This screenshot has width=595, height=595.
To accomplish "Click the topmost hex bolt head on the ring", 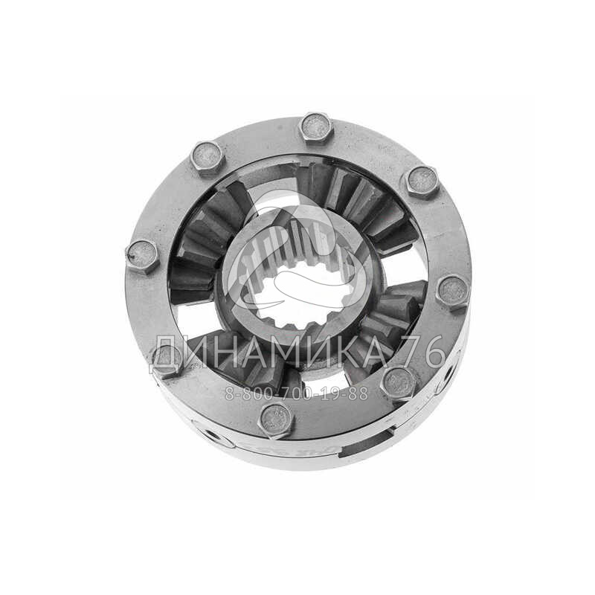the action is pyautogui.click(x=316, y=127).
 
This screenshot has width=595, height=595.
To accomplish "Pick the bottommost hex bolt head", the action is pyautogui.click(x=276, y=420).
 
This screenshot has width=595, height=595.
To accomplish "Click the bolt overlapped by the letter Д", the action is pyautogui.click(x=167, y=361).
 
